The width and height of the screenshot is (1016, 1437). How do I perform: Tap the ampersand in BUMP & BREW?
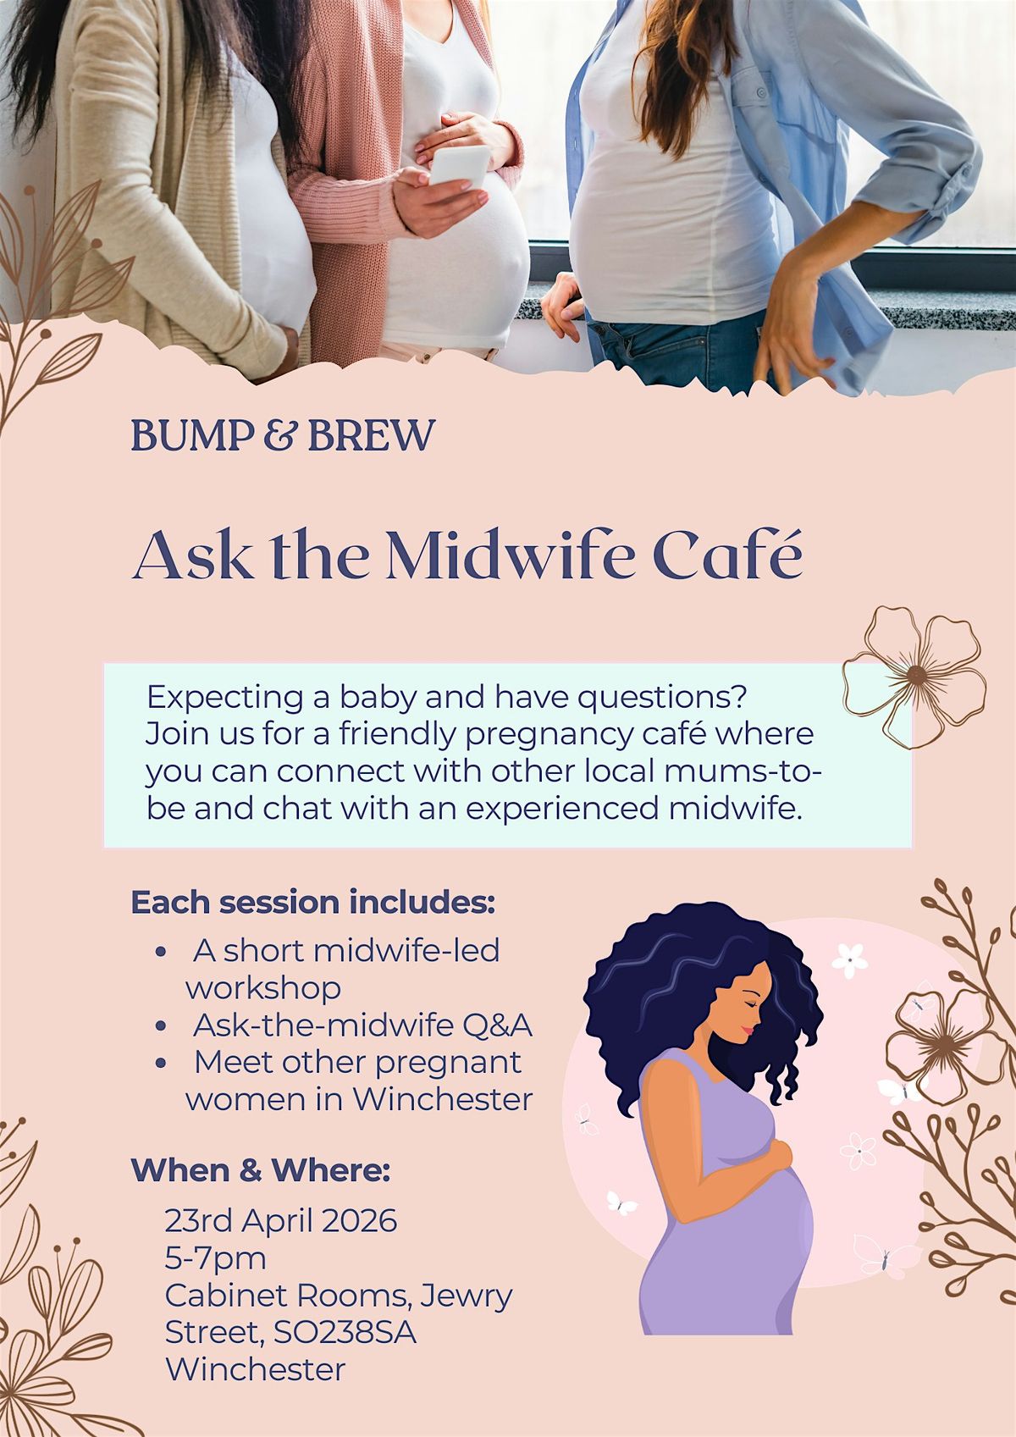[279, 434]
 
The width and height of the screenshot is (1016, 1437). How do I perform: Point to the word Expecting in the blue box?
[225, 698]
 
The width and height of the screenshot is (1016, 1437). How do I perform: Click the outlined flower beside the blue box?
[914, 676]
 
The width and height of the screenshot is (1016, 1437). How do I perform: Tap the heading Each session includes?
[313, 902]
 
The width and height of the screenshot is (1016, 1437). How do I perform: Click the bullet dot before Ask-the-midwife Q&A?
[161, 1026]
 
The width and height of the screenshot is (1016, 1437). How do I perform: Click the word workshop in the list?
[263, 988]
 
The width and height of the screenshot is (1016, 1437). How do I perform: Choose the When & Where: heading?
[261, 1170]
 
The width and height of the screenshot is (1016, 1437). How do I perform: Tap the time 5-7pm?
[216, 1259]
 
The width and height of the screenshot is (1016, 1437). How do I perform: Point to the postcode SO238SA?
[345, 1333]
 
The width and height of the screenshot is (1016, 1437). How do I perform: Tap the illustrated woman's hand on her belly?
[778, 1152]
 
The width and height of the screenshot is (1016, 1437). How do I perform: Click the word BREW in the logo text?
[372, 435]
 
